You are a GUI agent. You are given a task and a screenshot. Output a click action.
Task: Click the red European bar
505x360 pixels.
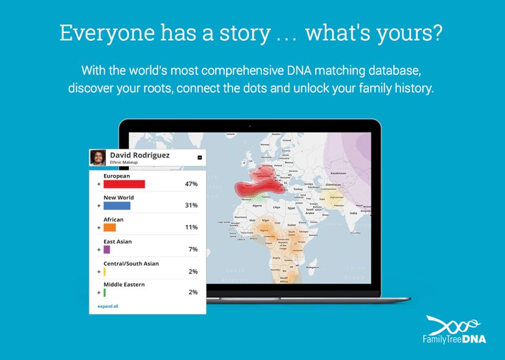(124, 184)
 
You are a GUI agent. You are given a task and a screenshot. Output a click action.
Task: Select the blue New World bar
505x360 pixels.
(117, 205)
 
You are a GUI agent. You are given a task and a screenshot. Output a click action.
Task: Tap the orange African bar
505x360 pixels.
(109, 228)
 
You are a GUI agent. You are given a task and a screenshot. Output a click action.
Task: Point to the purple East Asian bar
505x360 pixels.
(107, 250)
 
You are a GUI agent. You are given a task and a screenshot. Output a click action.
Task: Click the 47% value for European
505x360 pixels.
(191, 184)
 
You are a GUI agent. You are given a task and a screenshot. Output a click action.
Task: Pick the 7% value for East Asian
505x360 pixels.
(193, 250)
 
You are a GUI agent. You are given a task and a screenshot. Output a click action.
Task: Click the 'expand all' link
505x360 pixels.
(108, 306)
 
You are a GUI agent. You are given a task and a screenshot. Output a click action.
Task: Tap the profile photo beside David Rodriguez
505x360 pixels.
(98, 158)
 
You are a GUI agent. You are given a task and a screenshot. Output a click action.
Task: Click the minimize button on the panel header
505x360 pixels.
(199, 157)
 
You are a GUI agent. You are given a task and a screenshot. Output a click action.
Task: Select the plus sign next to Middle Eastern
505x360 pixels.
(98, 293)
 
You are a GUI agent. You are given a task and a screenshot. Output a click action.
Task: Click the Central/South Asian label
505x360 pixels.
(131, 263)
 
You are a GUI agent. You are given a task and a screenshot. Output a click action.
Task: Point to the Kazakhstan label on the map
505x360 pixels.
(338, 173)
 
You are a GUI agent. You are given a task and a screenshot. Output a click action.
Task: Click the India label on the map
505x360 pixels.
(353, 213)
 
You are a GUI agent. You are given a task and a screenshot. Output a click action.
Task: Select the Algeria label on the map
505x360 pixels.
(258, 205)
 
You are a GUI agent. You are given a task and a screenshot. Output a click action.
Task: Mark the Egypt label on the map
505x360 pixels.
(292, 208)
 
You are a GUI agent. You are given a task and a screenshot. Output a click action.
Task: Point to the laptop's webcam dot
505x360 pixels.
(249, 126)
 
